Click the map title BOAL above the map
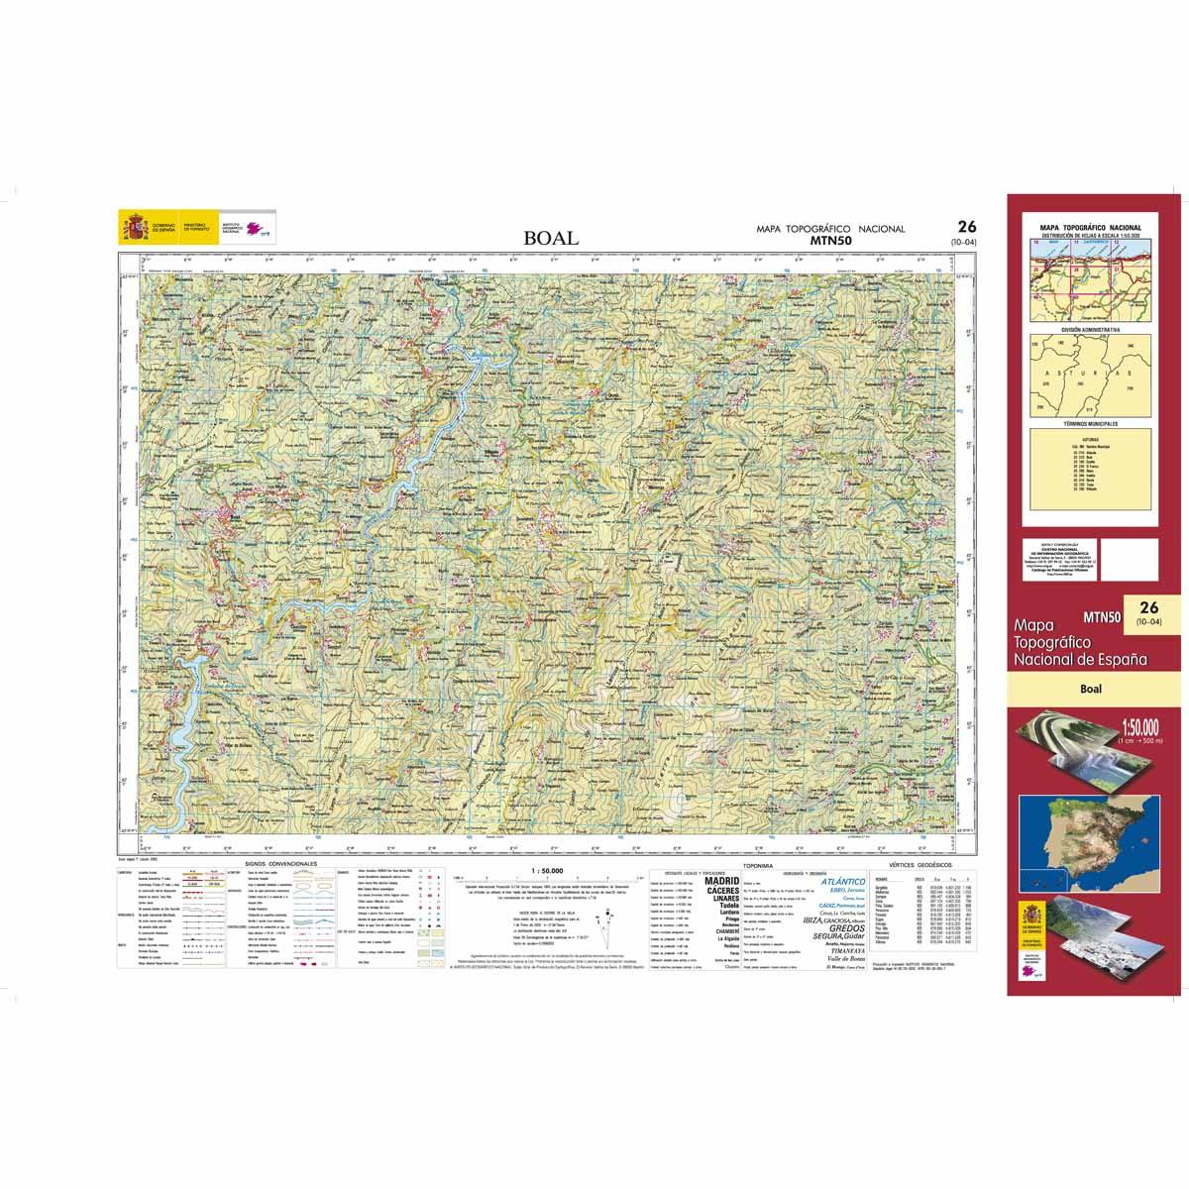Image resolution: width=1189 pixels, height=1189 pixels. coord(553,239)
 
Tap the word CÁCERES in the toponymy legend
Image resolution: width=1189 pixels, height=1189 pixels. coord(720,891)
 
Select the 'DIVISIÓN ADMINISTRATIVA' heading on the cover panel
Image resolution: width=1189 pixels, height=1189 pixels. coord(1089,328)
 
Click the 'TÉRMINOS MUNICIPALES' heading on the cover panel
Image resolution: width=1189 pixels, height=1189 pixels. coord(1089,423)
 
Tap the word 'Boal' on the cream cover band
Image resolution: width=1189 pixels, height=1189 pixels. coord(1091,690)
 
